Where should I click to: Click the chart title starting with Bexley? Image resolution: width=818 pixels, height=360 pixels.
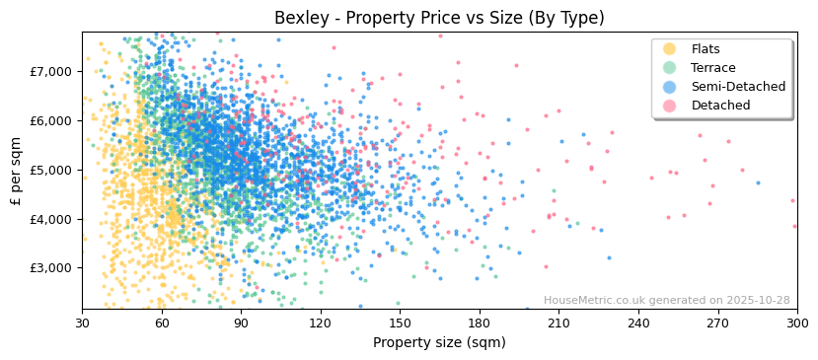[x=439, y=18]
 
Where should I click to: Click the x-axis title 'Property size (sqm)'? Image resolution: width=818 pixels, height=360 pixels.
[x=439, y=342]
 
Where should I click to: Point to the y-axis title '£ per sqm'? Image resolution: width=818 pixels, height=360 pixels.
[x=16, y=171]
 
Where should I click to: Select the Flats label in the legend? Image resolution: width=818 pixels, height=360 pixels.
[x=705, y=49]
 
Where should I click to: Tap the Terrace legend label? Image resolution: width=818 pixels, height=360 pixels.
[x=712, y=68]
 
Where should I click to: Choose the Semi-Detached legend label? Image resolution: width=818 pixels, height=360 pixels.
[x=738, y=87]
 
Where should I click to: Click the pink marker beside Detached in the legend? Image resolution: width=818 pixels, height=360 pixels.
[x=669, y=106]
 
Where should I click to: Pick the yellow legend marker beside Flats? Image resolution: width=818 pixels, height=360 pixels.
[x=669, y=49]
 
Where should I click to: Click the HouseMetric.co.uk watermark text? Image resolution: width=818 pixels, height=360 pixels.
[x=666, y=301]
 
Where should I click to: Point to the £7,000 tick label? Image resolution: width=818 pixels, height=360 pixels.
[x=51, y=72]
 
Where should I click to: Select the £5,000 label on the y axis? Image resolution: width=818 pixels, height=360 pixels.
[x=51, y=170]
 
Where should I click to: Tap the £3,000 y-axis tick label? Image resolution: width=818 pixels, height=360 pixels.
[x=51, y=268]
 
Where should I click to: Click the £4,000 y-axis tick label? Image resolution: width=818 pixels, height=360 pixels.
[x=51, y=219]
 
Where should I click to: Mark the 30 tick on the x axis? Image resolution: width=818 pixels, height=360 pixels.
[x=82, y=323]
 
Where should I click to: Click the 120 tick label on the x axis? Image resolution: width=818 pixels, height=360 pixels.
[x=321, y=323]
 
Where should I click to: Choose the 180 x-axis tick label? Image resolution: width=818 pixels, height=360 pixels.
[x=480, y=323]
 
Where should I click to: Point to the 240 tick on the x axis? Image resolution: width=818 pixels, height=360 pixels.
[x=638, y=323]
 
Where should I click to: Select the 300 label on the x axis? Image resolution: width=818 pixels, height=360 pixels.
[x=797, y=323]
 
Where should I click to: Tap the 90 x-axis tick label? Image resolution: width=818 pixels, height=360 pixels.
[x=241, y=323]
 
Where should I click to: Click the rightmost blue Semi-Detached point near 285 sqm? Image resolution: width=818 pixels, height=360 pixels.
[x=758, y=182]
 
